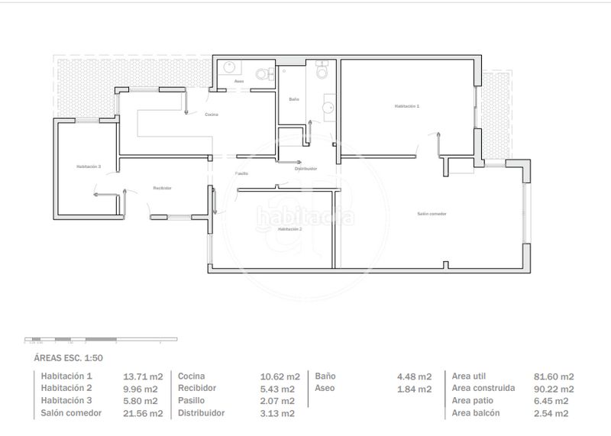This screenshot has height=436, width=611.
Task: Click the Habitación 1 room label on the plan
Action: click(406, 106)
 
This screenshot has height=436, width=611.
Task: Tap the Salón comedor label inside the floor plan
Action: click(432, 214)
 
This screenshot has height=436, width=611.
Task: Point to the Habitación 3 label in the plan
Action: click(89, 166)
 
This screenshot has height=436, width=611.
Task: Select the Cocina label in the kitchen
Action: click(212, 115)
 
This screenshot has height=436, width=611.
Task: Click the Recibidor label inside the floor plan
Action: click(161, 188)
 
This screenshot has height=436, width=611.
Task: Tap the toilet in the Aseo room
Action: click(262, 74)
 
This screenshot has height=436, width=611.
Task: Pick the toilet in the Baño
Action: click(322, 72)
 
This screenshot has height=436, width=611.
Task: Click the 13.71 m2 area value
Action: click(143, 376)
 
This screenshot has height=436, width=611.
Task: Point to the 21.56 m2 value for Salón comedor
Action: click(143, 413)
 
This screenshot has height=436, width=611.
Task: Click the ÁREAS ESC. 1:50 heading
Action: click(68, 357)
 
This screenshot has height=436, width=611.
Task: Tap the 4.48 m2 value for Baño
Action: click(414, 376)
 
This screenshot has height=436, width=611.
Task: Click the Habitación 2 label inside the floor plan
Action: click(289, 229)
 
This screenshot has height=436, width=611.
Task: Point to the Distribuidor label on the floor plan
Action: click(305, 169)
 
